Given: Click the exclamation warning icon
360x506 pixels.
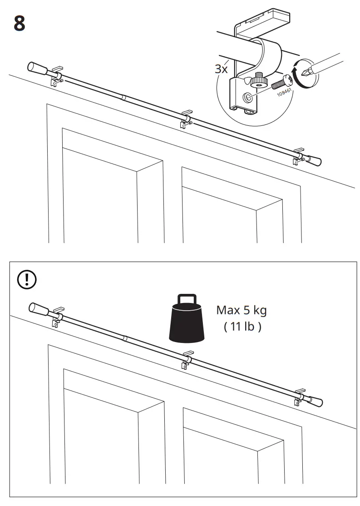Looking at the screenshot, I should tap(27, 279).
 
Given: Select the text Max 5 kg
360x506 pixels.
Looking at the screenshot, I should tap(241, 311).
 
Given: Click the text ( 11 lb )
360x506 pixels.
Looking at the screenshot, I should tap(242, 327).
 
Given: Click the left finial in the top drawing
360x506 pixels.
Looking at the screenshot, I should tap(39, 69).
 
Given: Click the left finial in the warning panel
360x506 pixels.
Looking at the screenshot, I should tap(40, 309).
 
